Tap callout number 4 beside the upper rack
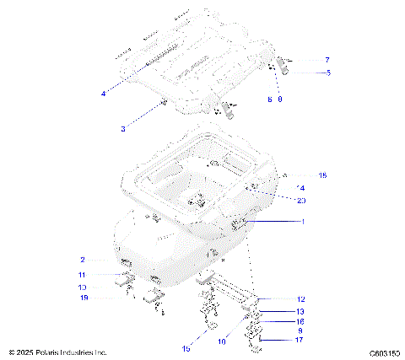pyautogui.click(x=103, y=94)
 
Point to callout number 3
pyautogui.click(x=123, y=129)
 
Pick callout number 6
pyautogui.click(x=269, y=99)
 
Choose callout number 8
pyautogui.click(x=279, y=99)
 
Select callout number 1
pyautogui.click(x=302, y=221)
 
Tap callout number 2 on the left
pyautogui.click(x=83, y=260)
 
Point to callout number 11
pyautogui.click(x=83, y=275)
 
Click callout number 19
pyautogui.click(x=83, y=298)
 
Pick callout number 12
pyautogui.click(x=302, y=299)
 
